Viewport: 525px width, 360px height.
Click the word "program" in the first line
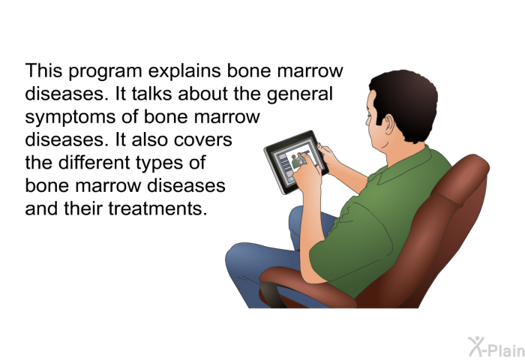tap(105, 72)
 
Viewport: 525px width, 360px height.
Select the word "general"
tap(300, 94)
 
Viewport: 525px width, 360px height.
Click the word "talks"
tap(151, 94)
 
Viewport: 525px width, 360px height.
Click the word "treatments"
tap(156, 208)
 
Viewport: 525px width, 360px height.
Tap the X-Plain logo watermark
tap(496, 346)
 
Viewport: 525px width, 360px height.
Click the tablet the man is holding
tap(296, 162)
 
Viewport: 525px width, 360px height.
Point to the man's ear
tap(390, 124)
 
